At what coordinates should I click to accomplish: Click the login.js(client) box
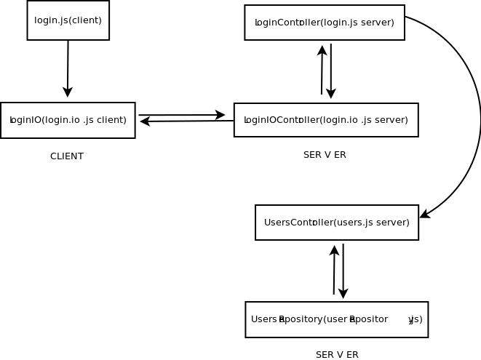click(x=68, y=20)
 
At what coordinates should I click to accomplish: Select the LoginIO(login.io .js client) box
click(x=68, y=120)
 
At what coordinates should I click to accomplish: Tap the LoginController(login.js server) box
click(x=324, y=23)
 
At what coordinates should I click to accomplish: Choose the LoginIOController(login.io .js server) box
click(x=325, y=120)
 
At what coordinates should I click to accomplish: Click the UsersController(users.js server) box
click(x=336, y=223)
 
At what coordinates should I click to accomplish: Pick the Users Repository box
click(x=336, y=319)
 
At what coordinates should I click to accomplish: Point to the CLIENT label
click(x=67, y=156)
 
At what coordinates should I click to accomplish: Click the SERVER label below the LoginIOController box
click(x=325, y=155)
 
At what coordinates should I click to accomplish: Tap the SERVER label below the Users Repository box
click(x=337, y=355)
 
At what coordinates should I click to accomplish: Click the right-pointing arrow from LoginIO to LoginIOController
click(x=182, y=115)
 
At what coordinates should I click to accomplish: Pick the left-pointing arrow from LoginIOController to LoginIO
click(x=186, y=121)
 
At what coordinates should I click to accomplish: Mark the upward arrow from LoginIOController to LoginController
click(x=322, y=70)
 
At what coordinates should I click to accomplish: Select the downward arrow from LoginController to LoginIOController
click(x=331, y=71)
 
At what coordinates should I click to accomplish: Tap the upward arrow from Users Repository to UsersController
click(x=334, y=270)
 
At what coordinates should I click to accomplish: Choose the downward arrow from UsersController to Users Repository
click(x=343, y=271)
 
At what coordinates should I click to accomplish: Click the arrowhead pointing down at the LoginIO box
click(x=68, y=92)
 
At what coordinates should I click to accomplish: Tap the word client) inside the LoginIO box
click(x=111, y=120)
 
